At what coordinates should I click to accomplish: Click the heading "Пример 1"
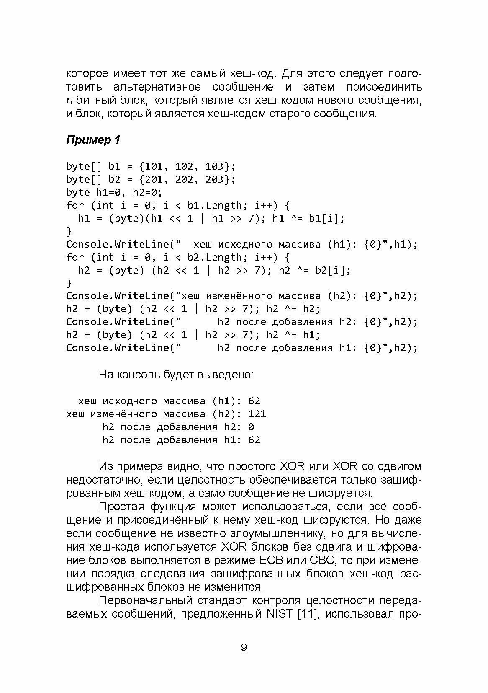point(93,140)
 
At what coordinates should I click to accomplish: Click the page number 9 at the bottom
point(244,648)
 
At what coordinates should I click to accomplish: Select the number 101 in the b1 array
point(151,166)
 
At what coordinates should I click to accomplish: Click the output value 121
point(257,414)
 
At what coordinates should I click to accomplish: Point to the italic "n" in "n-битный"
point(69,101)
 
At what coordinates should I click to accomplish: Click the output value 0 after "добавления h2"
point(251,427)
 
